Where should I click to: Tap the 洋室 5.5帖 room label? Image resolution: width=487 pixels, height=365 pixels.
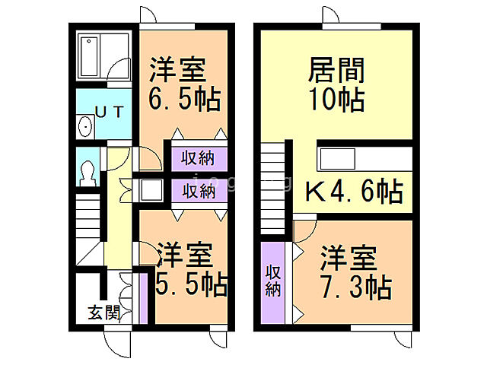[190, 270]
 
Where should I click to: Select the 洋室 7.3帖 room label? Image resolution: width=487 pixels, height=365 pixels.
[355, 274]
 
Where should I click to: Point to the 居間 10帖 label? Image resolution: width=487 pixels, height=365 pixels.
[336, 84]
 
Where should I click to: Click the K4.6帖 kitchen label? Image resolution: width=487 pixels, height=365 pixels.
[354, 192]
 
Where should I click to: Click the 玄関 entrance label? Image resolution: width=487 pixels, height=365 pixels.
[103, 311]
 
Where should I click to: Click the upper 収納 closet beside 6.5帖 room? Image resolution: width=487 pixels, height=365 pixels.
[197, 158]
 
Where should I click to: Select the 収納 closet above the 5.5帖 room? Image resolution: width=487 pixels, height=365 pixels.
[197, 190]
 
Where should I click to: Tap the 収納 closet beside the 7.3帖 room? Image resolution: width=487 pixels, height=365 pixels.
[273, 280]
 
